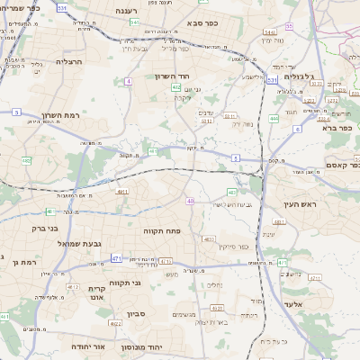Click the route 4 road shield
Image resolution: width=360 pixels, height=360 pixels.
129,81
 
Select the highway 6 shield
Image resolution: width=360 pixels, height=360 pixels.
296,130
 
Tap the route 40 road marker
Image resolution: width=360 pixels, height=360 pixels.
191,201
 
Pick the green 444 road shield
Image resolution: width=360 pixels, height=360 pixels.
274,118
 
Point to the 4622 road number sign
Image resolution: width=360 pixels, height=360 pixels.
116,321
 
